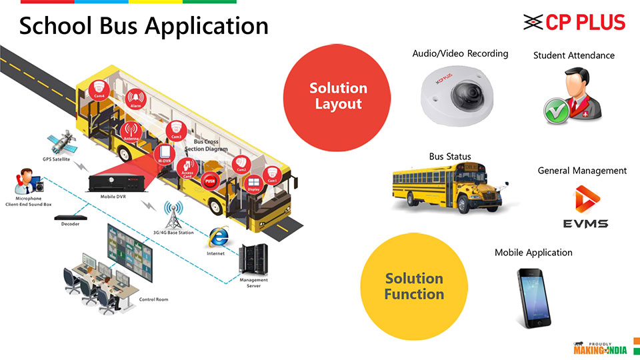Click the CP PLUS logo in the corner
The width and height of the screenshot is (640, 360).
(x=574, y=23)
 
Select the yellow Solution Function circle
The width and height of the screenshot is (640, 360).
(x=413, y=286)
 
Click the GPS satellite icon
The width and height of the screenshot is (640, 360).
(x=58, y=144)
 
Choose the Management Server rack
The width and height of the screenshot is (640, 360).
(x=254, y=258)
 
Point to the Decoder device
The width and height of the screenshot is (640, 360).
(x=70, y=218)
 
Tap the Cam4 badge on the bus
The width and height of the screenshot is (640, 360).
(x=98, y=90)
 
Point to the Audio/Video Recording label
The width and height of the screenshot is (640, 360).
(x=460, y=53)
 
